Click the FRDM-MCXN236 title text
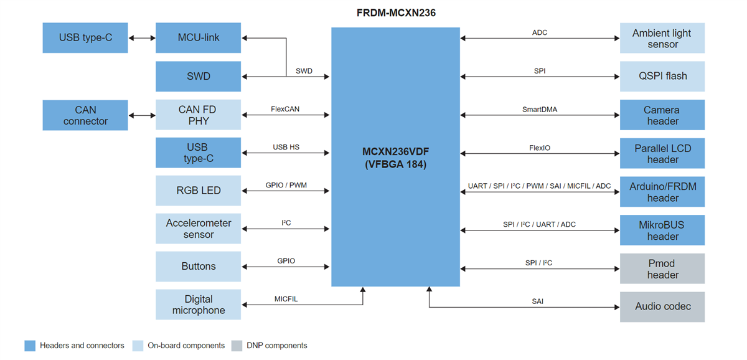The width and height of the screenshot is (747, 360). (395, 12)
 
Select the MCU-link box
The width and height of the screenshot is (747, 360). (198, 38)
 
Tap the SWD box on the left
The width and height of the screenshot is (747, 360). (198, 77)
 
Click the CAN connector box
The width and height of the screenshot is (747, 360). (85, 115)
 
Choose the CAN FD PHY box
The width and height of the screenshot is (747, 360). (198, 115)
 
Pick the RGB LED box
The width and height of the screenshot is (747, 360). (198, 191)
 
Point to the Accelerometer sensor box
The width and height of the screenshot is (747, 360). (198, 229)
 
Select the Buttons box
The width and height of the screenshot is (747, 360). (198, 267)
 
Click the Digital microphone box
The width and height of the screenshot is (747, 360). (198, 305)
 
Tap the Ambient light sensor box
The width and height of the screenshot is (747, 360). (662, 38)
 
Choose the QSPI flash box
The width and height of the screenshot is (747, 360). (662, 77)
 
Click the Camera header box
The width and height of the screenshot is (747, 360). (662, 115)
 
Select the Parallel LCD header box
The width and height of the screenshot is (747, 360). (662, 153)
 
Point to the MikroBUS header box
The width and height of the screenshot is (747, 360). (662, 230)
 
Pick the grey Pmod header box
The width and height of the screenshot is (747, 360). (662, 268)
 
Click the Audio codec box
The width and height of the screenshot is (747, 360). (662, 306)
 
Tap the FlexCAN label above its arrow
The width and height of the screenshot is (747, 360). (285, 109)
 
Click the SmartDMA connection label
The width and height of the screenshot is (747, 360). (540, 109)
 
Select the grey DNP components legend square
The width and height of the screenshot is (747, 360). (237, 346)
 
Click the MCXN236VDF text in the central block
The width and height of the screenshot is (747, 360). (395, 151)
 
